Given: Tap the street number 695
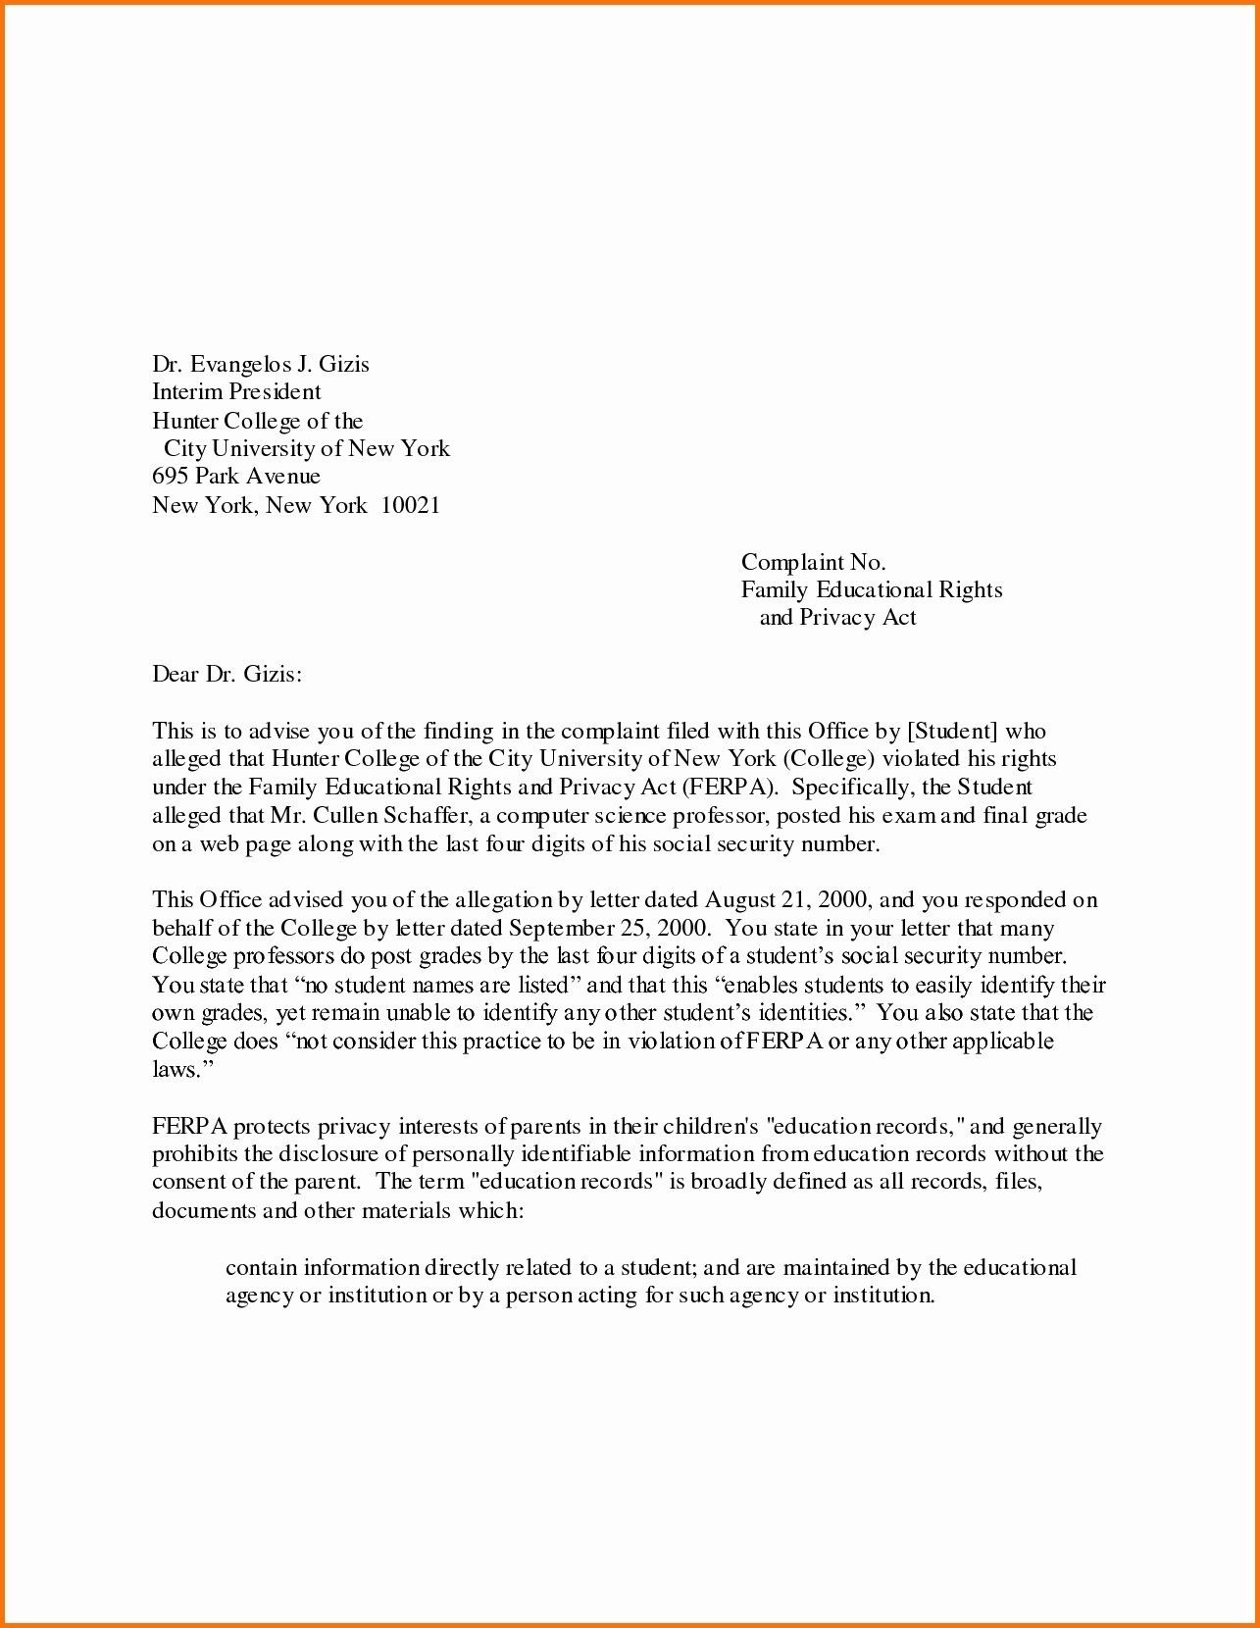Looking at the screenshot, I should pyautogui.click(x=169, y=477).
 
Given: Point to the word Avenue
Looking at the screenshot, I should pyautogui.click(x=282, y=477).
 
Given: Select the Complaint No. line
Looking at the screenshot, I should pyautogui.click(x=813, y=562).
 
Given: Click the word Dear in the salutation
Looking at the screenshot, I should pyautogui.click(x=175, y=675).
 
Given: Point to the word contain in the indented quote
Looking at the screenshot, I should pyautogui.click(x=261, y=1268).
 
